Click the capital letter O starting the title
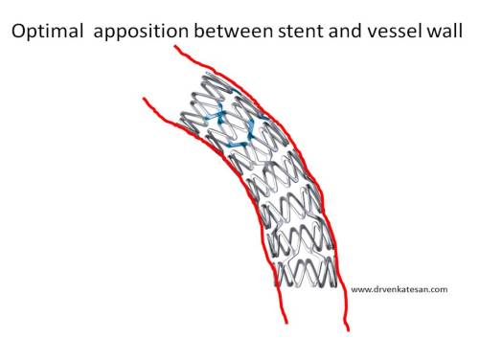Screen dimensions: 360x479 pos(19,31)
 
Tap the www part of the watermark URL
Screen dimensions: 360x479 pos(361,289)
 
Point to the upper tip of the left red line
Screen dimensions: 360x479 pos(143,98)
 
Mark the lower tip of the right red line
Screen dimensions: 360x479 pos(347,330)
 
